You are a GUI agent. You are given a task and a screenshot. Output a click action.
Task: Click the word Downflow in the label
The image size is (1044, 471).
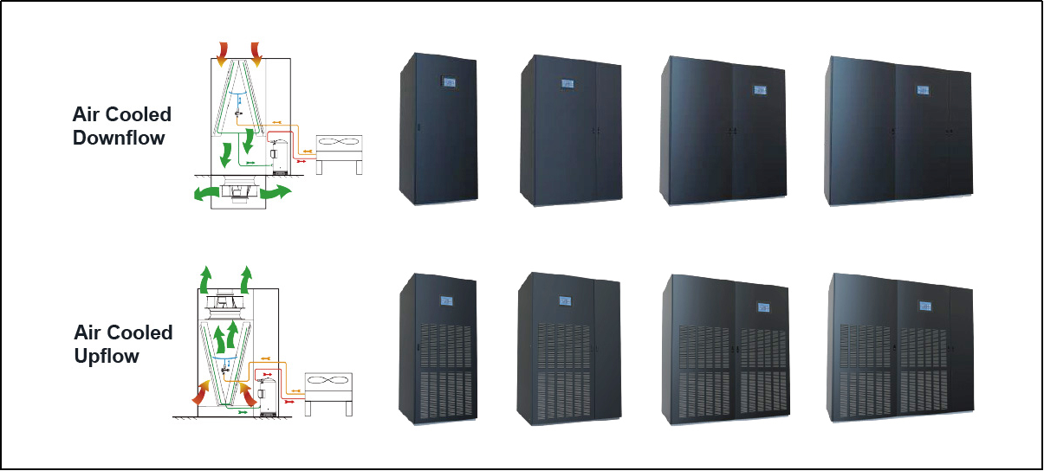119,138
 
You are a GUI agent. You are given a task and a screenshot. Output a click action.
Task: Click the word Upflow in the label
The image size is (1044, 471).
107,357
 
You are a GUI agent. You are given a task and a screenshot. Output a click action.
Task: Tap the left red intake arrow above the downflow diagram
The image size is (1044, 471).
223,54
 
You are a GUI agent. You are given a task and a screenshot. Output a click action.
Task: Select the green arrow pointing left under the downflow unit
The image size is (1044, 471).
206,193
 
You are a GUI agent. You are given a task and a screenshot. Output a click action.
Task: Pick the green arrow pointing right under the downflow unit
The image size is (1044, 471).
276,191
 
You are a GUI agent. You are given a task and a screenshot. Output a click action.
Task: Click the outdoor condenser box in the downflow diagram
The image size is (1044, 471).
340,148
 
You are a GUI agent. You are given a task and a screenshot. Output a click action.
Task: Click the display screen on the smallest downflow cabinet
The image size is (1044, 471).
449,82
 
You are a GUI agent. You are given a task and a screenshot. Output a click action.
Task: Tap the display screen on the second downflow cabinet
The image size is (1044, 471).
567,84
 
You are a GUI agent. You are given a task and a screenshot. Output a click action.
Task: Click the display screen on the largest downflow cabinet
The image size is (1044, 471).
923,90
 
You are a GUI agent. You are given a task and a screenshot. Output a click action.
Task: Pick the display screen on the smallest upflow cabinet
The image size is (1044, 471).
446,301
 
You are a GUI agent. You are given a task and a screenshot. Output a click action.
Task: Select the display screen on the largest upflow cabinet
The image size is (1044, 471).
925,306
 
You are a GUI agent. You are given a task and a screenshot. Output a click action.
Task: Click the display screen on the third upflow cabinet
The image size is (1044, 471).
763,307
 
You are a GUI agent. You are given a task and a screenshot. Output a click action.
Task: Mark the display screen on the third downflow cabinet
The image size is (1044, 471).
760,89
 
